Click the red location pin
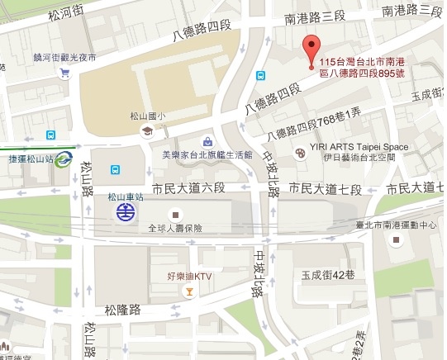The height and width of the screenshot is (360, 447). point(311,50)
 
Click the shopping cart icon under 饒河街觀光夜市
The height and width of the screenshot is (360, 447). point(64,73)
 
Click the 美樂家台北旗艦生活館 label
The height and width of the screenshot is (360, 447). point(207,154)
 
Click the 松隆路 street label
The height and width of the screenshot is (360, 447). point(122,310)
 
